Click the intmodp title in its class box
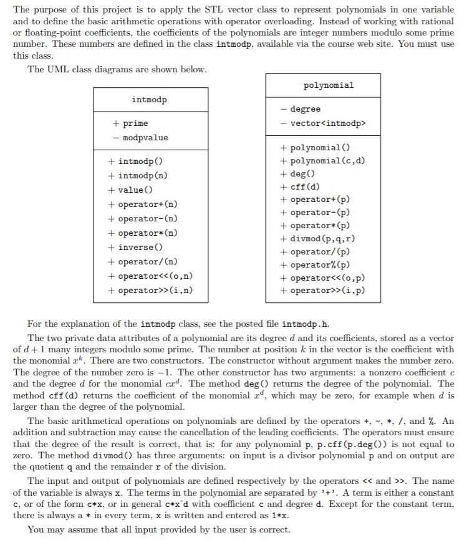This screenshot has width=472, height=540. tap(149, 100)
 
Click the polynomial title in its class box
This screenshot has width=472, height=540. tap(328, 85)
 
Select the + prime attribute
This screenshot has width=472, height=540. tap(131, 123)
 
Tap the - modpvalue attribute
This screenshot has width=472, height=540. tap(140, 137)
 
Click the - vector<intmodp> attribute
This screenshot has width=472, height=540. tap(322, 123)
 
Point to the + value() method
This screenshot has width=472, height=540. tap(130, 190)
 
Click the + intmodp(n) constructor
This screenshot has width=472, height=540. tap(138, 176)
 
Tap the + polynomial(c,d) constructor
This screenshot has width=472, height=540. tap(323, 161)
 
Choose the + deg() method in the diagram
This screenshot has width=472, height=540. tap(297, 174)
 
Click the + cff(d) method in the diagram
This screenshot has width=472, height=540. tap(301, 187)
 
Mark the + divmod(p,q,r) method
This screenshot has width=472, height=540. tap(318, 239)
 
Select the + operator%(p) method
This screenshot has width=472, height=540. tap(315, 265)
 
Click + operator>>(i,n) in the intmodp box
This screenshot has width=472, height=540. tap(150, 290)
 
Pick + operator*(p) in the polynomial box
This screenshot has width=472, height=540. tap(315, 226)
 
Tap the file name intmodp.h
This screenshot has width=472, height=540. tap(306, 324)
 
